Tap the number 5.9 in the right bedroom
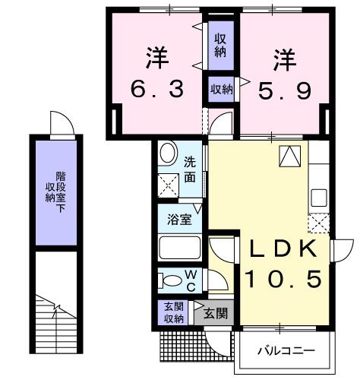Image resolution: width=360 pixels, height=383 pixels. [x=283, y=90]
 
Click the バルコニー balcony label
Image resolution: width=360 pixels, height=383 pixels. [x=286, y=351]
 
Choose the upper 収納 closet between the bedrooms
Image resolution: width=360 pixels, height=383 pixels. [x=219, y=45]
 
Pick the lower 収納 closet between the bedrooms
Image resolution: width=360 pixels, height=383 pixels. [x=221, y=90]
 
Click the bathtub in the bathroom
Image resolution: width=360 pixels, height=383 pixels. [x=180, y=248]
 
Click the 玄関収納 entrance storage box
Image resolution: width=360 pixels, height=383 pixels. [x=175, y=313]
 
